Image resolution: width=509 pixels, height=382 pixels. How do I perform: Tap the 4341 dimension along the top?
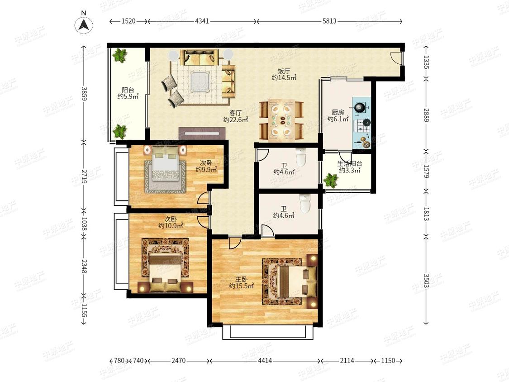click(x=202, y=21)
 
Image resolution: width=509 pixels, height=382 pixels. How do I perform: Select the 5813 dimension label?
click(x=329, y=21)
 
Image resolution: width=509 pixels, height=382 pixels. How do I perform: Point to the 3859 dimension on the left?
click(x=84, y=94)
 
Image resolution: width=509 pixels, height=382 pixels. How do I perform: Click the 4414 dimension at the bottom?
click(x=265, y=361)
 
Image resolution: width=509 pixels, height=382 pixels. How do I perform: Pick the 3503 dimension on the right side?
click(x=426, y=281)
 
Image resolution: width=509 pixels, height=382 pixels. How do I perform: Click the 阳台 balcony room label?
click(x=128, y=90)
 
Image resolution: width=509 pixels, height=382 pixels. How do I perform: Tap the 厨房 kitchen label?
click(x=338, y=112)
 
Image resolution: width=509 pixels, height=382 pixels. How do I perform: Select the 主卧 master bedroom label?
click(x=242, y=279)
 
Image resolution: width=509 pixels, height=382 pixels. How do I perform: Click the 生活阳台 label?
click(x=350, y=164)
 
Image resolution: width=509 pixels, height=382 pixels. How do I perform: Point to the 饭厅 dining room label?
click(x=284, y=71)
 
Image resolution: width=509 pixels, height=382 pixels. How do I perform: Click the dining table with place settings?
click(x=281, y=120)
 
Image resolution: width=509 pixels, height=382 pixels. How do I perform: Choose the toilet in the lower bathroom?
click(x=305, y=204)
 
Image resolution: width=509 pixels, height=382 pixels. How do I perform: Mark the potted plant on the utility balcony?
click(x=331, y=180)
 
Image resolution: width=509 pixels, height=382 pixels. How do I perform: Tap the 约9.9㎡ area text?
click(x=206, y=170)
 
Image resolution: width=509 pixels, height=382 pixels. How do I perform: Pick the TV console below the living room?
click(x=202, y=134)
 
